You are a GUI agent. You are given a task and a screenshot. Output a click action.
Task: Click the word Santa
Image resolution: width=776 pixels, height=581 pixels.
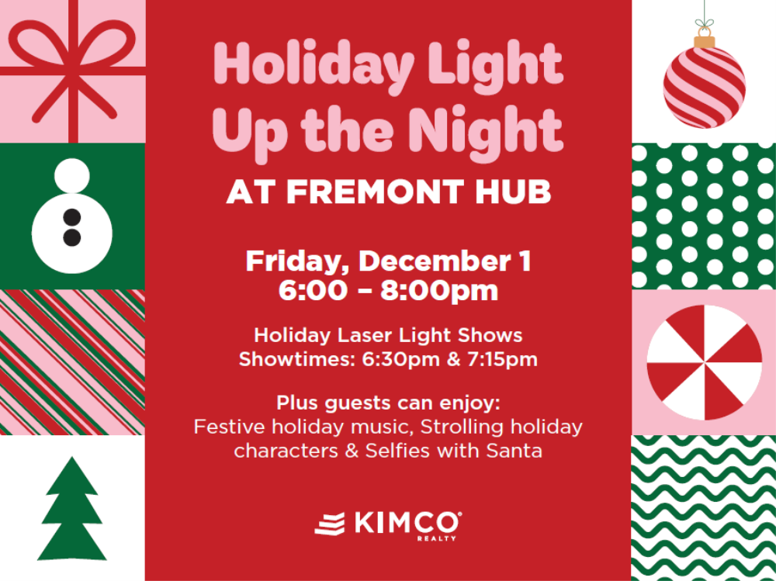pyautogui.click(x=510, y=450)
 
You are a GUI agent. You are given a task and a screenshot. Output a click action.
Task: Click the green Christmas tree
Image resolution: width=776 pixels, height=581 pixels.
pyautogui.click(x=72, y=512)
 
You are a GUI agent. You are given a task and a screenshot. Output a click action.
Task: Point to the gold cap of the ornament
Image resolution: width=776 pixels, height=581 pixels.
pyautogui.click(x=704, y=39)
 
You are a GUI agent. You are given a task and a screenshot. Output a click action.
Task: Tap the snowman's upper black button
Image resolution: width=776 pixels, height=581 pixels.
pyautogui.click(x=72, y=216)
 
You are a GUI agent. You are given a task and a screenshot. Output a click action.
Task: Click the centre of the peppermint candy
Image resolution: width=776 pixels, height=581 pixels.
pyautogui.click(x=704, y=362)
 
